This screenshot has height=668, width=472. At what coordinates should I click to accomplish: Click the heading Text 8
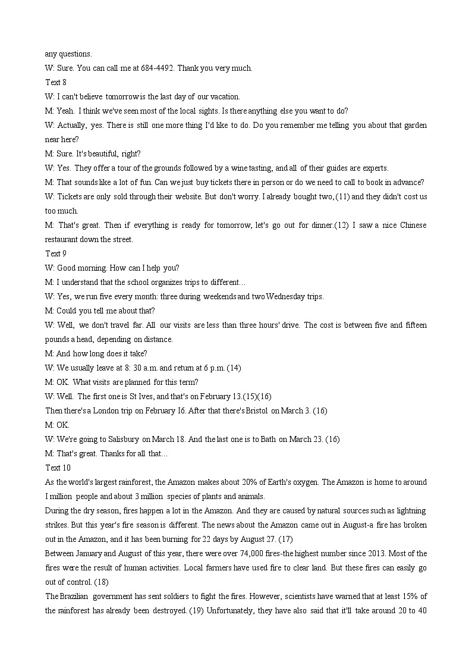pos(56,82)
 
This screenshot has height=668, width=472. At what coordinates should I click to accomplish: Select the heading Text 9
pos(56,253)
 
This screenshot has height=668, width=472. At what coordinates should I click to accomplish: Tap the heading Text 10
pos(58,468)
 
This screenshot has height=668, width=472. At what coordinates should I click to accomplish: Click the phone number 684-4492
pos(158,68)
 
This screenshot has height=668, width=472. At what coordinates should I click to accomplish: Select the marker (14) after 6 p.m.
pos(234,368)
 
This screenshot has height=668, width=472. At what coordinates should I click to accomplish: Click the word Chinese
pos(413,225)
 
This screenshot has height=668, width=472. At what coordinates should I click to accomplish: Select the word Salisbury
pos(124,439)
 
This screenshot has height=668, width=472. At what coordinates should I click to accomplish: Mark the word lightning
pos(410,510)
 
